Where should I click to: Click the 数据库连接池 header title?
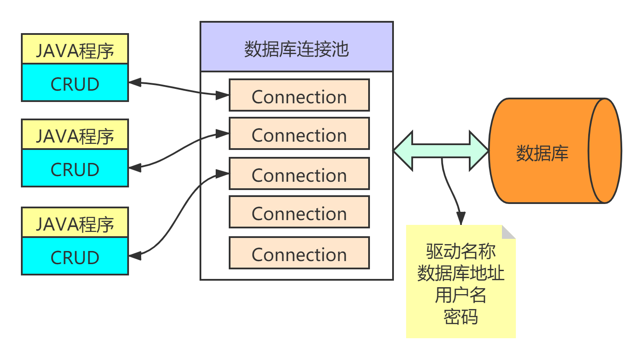click(296, 49)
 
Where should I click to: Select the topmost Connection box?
click(299, 95)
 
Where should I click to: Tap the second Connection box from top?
click(299, 134)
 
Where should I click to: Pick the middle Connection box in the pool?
click(299, 174)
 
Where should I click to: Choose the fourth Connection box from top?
click(299, 212)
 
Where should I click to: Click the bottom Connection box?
click(299, 253)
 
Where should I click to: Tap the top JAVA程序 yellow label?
click(75, 50)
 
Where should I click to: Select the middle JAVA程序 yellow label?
click(75, 135)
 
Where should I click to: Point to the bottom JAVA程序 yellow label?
click(75, 223)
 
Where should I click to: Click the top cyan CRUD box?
click(75, 83)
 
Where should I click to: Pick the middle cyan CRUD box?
click(75, 169)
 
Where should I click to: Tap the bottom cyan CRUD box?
click(75, 257)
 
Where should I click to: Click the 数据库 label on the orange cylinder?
click(542, 153)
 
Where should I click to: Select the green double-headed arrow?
click(441, 150)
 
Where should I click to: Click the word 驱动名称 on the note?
click(461, 251)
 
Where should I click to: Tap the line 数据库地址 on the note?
click(461, 273)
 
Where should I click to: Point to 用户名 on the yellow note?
click(461, 295)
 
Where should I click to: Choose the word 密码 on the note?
click(461, 317)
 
